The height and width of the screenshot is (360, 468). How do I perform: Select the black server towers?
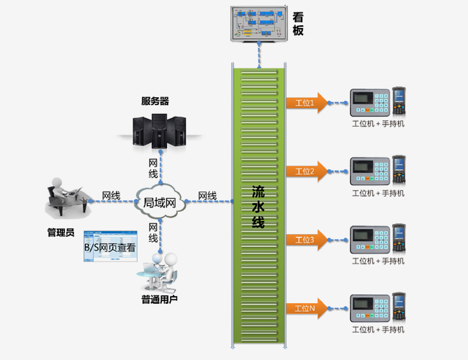point(160,129)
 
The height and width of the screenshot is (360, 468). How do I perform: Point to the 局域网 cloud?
point(160,202)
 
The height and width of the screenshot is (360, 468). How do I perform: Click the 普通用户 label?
point(159,299)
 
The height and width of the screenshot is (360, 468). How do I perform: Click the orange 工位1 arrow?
point(306,103)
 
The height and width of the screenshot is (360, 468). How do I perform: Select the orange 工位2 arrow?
point(306,171)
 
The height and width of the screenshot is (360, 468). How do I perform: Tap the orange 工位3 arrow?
point(306,240)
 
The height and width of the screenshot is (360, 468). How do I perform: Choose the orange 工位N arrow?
point(306,308)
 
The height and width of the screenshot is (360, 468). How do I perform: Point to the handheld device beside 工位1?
point(398,102)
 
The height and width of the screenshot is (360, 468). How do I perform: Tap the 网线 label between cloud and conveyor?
point(207,196)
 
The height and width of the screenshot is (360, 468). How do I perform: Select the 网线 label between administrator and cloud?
point(110,196)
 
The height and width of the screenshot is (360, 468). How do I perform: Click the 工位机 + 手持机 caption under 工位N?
point(378,330)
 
